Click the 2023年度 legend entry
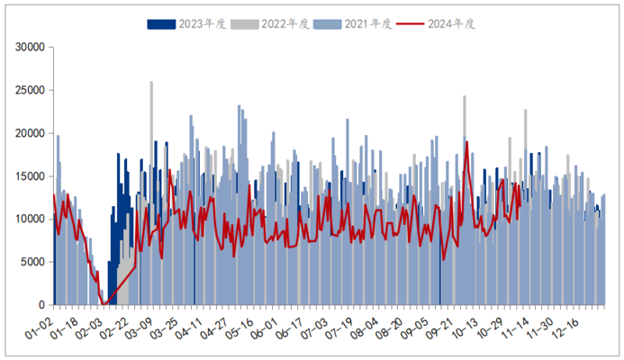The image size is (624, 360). coord(178,23)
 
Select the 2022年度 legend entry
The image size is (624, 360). coord(261,23)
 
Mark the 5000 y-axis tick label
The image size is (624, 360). coord(31,262)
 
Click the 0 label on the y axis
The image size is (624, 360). coord(41,305)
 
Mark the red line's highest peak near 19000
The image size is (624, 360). coord(466,142)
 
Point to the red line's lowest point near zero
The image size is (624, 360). coord(104,303)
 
